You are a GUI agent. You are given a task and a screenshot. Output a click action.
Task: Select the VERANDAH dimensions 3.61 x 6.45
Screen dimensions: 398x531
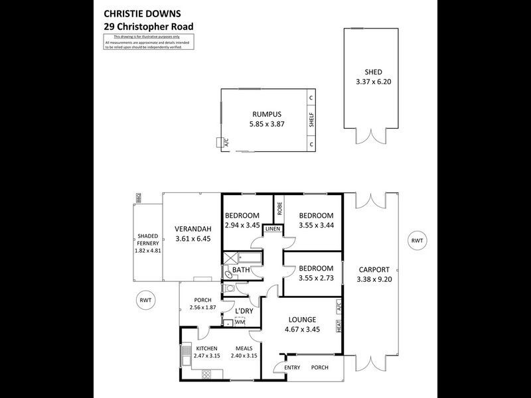click(x=192, y=239)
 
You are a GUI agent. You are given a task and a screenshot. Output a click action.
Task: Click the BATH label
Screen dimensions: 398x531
click(x=240, y=270)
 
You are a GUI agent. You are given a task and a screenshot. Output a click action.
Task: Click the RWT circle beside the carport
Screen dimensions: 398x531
click(x=417, y=240)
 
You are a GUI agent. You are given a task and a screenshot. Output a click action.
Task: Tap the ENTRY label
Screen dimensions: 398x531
click(x=293, y=367)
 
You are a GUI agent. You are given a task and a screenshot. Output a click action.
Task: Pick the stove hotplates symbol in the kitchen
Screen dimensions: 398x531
click(x=206, y=374)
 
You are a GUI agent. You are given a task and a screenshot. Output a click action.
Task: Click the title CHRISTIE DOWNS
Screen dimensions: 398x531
click(x=141, y=13)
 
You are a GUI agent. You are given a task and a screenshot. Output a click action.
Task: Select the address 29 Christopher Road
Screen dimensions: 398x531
click(x=149, y=27)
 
